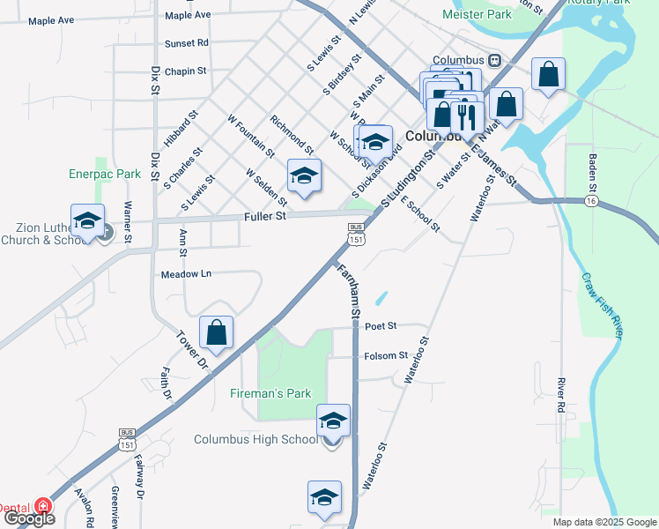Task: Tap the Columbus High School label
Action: (x=255, y=440)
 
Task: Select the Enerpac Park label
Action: (x=105, y=175)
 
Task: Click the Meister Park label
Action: (x=477, y=15)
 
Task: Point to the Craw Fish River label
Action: (x=603, y=304)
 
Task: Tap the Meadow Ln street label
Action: (x=186, y=274)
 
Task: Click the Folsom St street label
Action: (x=386, y=356)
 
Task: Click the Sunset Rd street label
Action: (x=186, y=42)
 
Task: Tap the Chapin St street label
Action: (x=184, y=71)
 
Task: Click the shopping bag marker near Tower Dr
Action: (x=216, y=333)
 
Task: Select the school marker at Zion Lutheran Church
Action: (x=87, y=222)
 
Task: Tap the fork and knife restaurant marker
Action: (x=467, y=115)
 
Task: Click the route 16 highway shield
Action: (x=588, y=202)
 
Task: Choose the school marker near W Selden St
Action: (x=304, y=176)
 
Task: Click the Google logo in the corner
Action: (x=28, y=518)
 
